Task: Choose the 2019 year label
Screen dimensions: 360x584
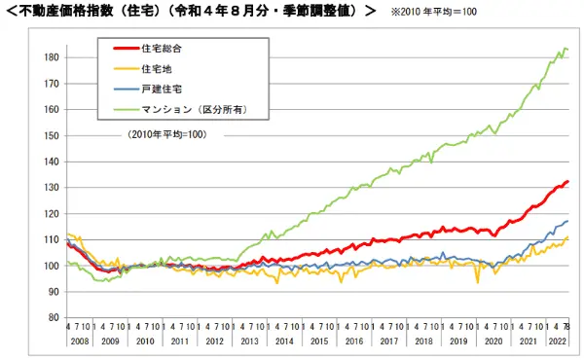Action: point(457,342)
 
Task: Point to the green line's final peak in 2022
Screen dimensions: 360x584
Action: point(566,49)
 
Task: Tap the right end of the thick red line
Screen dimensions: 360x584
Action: point(568,182)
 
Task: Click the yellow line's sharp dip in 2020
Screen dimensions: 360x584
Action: point(478,282)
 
